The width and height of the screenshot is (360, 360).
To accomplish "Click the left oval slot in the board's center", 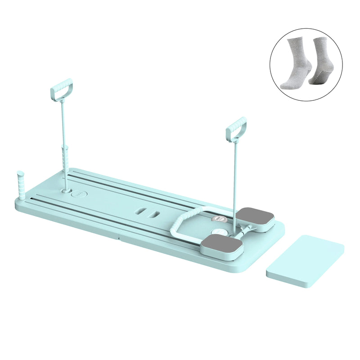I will click(x=142, y=210).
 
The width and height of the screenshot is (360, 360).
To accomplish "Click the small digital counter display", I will click(x=219, y=219).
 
